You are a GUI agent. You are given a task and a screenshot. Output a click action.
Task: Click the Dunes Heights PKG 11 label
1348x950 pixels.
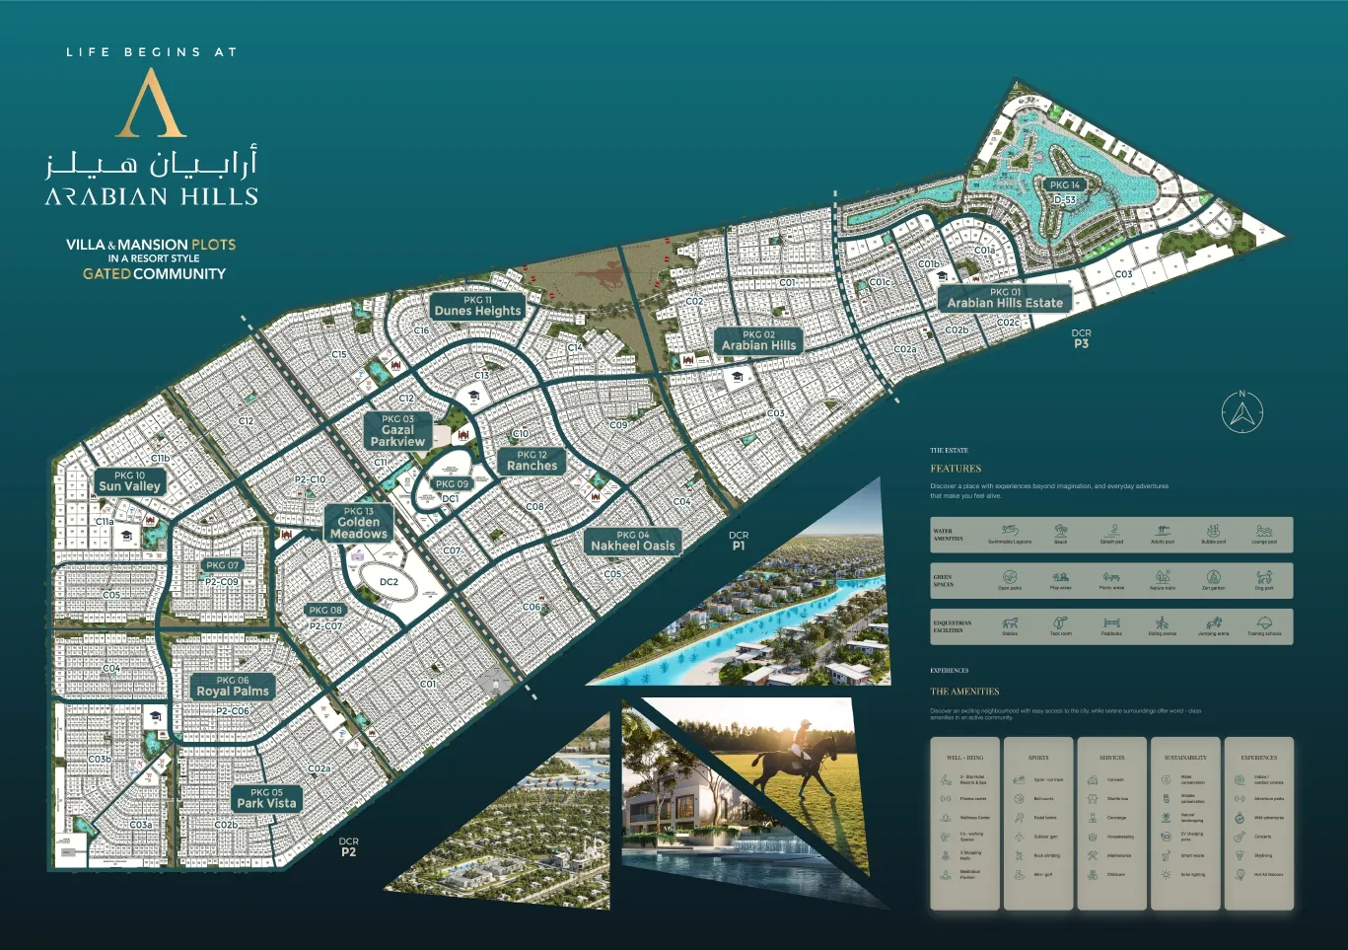[477, 306]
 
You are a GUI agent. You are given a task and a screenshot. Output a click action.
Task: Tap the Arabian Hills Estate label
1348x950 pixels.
[1005, 298]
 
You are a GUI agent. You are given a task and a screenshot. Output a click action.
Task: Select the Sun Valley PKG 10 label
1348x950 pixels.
[129, 481]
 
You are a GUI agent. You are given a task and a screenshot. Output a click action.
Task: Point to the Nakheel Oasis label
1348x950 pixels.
[633, 541]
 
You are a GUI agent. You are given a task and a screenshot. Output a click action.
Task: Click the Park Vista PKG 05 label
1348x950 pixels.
[266, 798]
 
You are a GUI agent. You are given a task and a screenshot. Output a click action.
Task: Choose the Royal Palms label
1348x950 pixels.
[233, 687]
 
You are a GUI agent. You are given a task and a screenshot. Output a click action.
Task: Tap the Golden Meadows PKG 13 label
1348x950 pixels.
[359, 523]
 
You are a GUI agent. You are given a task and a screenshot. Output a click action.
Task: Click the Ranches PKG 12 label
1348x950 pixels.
[532, 461]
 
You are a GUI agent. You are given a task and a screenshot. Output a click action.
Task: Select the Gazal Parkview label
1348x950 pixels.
[397, 431]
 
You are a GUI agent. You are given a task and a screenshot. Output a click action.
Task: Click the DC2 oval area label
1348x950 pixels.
[390, 582]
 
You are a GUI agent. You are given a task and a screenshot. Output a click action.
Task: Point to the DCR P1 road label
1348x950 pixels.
[739, 540]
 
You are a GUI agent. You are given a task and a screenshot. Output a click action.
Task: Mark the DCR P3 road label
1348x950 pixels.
[1081, 338]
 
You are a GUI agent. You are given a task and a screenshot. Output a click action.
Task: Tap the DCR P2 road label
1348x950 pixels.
[348, 846]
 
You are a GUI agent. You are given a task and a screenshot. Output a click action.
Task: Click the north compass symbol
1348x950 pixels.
[1242, 412]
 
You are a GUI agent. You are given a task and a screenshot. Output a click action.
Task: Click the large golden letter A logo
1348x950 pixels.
[151, 104]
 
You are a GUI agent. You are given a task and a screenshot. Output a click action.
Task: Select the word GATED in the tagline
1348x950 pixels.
[106, 274]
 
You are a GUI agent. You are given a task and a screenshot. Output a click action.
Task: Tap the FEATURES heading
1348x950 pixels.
[956, 469]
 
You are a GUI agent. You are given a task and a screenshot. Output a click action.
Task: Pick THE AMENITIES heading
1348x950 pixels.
[964, 692]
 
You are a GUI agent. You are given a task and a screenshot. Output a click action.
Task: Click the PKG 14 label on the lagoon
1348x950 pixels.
[1065, 184]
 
